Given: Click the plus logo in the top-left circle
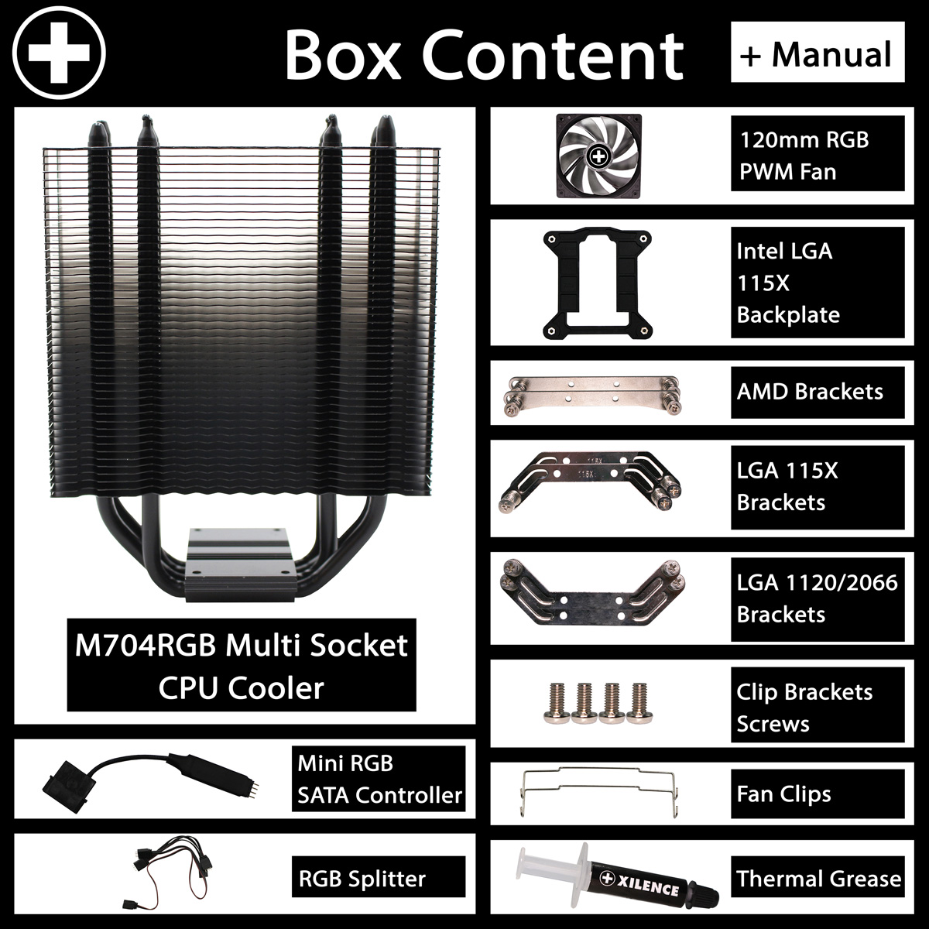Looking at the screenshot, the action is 59,53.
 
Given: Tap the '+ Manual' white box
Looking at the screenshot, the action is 818,52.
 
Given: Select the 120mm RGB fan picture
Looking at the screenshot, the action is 598,156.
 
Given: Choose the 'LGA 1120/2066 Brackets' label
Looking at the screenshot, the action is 818,599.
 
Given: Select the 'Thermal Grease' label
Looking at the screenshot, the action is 818,879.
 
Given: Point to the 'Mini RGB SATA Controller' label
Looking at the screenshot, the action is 379,779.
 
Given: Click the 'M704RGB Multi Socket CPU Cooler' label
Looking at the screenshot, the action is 241,665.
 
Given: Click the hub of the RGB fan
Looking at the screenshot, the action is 598,156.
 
